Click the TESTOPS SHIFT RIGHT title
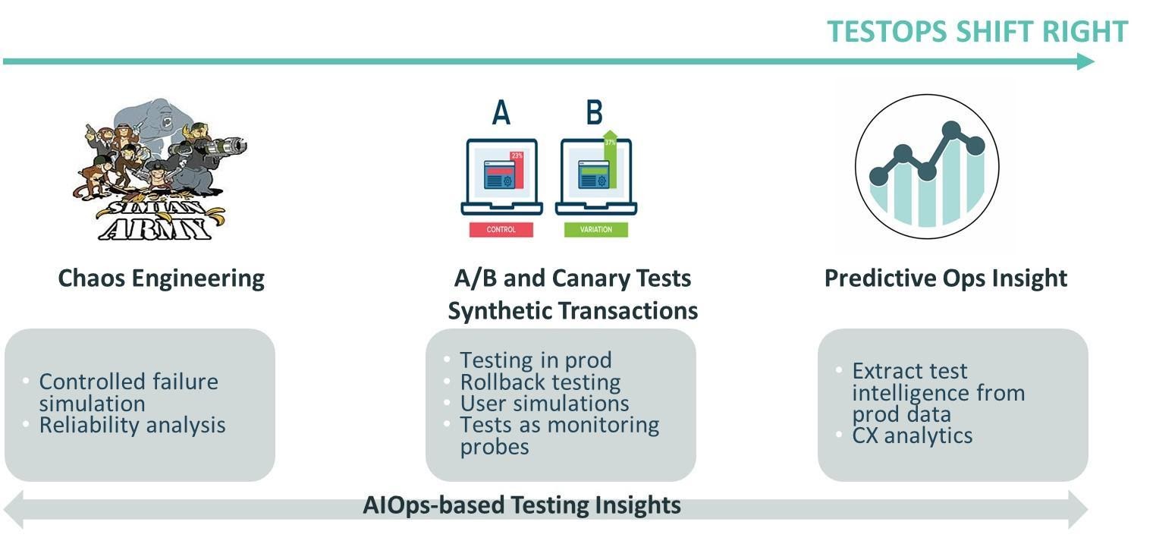point(977,32)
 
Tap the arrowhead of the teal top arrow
point(1086,61)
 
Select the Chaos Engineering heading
point(161,278)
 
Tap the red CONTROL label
point(501,229)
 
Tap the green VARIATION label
point(595,229)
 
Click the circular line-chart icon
point(926,166)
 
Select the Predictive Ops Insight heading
point(945,278)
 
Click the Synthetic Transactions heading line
point(572,310)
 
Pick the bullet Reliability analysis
point(132,425)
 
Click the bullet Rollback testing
point(540,382)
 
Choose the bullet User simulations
point(544,403)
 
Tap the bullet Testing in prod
point(536,360)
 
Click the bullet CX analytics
point(912,435)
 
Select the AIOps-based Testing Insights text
point(521,505)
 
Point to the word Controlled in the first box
point(84,381)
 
